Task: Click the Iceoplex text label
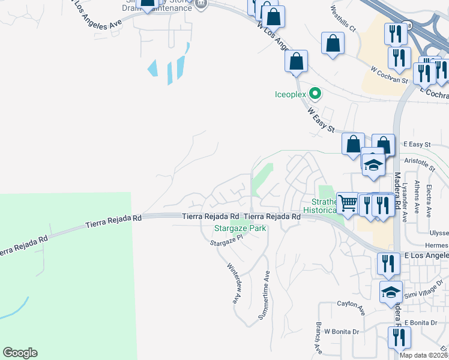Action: (x=291, y=94)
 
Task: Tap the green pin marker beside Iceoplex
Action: (x=314, y=94)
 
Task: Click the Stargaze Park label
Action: (x=240, y=228)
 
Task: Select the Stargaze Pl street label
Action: (x=225, y=240)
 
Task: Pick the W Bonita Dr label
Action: (x=341, y=331)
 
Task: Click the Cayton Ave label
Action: (x=351, y=308)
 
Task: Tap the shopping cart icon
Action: (x=347, y=203)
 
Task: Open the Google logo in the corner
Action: (x=20, y=353)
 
